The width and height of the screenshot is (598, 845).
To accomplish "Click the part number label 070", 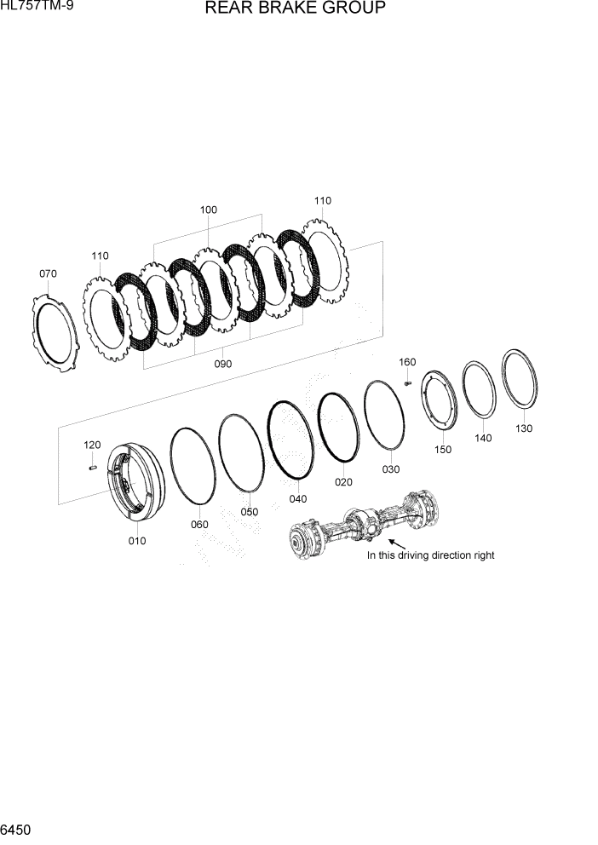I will (x=48, y=273).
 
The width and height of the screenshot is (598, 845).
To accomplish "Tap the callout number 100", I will (x=208, y=210).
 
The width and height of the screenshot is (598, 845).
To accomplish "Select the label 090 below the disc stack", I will (x=222, y=364).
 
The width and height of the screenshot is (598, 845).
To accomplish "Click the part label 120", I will (x=92, y=445).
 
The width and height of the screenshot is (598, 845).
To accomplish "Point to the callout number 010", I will (x=136, y=541).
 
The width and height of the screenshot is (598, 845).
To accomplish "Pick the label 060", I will (x=199, y=525).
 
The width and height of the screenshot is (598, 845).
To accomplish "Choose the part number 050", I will (x=249, y=512).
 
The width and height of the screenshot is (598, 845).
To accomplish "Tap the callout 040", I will (x=298, y=499).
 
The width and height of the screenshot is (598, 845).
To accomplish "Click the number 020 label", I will (x=343, y=482).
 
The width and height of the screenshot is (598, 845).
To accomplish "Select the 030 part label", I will (x=390, y=469).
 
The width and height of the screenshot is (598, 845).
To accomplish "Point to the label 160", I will (x=407, y=362).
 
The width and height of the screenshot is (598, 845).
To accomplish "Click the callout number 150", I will (x=443, y=450).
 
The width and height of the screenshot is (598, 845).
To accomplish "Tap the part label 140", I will (x=484, y=438).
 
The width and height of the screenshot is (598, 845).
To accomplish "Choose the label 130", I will (x=523, y=428).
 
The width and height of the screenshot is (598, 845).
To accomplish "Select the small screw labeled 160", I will (x=407, y=382).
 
